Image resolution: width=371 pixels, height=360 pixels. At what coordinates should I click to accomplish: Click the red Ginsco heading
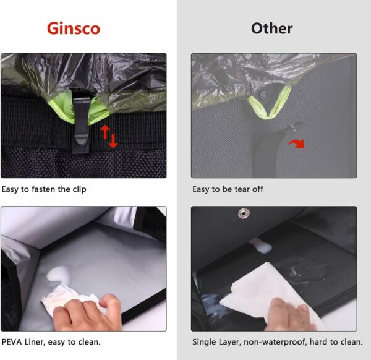(x=74, y=28)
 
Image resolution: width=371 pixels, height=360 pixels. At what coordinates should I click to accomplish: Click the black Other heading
(x=272, y=28)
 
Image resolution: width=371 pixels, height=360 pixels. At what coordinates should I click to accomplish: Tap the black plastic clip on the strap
(x=81, y=125)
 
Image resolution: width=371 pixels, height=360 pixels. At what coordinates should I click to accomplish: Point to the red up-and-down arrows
(x=109, y=137)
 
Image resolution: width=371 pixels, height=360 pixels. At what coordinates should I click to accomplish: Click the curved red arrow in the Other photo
(x=297, y=144)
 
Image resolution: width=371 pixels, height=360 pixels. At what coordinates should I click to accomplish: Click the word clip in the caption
(x=79, y=189)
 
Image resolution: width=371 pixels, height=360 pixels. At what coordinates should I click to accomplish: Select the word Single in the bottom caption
(x=203, y=342)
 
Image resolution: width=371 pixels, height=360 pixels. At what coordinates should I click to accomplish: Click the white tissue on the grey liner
(x=71, y=299)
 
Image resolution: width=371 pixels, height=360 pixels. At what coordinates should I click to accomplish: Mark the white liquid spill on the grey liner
(x=58, y=275)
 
